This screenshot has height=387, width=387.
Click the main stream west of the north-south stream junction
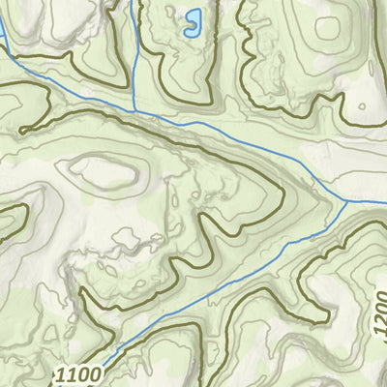tap(68, 88)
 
